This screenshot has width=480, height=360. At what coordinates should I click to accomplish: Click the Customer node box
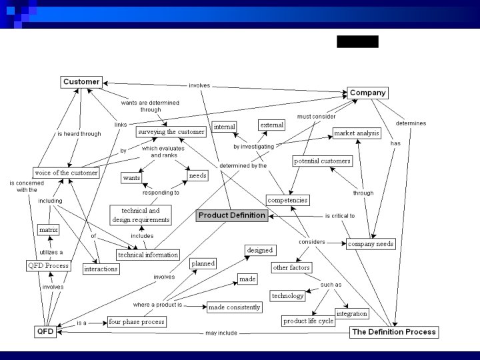pyautogui.click(x=81, y=82)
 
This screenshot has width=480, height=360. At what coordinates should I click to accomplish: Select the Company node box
pyautogui.click(x=367, y=93)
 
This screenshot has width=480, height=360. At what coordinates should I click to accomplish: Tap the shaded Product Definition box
pyautogui.click(x=232, y=215)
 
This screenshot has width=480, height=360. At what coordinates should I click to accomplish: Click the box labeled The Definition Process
pyautogui.click(x=393, y=331)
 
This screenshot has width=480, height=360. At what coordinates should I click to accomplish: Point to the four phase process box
pyautogui.click(x=136, y=321)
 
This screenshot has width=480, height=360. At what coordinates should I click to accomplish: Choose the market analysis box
pyautogui.click(x=356, y=133)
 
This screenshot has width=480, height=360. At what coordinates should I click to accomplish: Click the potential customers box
pyautogui.click(x=322, y=161)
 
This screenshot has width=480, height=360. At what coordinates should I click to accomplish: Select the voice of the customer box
pyautogui.click(x=66, y=173)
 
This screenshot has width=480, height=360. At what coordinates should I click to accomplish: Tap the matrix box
pyautogui.click(x=48, y=229)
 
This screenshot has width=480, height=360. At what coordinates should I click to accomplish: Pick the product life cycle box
pyautogui.click(x=308, y=321)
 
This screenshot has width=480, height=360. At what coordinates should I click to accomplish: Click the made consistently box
pyautogui.click(x=234, y=307)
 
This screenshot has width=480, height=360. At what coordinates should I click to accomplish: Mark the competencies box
pyautogui.click(x=287, y=200)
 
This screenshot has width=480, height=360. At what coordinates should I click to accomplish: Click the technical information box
pyautogui.click(x=148, y=255)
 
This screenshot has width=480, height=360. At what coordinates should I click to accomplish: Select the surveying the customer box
pyautogui.click(x=171, y=132)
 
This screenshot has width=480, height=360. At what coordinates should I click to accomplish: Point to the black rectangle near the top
pyautogui.click(x=357, y=42)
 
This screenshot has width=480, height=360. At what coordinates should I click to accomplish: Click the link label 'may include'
pyautogui.click(x=220, y=333)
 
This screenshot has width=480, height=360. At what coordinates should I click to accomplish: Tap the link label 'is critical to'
pyautogui.click(x=340, y=216)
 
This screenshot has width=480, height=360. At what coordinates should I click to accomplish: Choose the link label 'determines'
pyautogui.click(x=411, y=123)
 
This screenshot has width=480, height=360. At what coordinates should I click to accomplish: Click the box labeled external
pyautogui.click(x=271, y=125)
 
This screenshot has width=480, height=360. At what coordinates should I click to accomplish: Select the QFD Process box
pyautogui.click(x=48, y=266)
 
